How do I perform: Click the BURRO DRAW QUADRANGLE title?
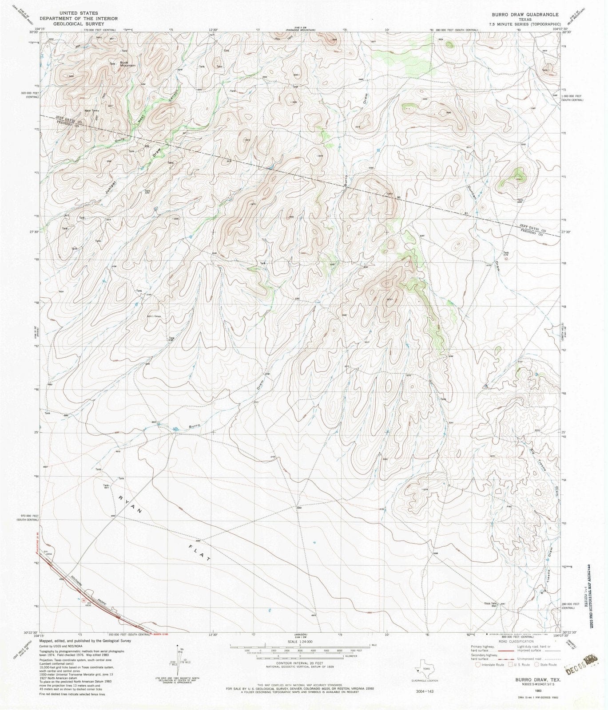(522, 15)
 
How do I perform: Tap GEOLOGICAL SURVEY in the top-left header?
(79, 24)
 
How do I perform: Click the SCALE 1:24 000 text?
(300, 642)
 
